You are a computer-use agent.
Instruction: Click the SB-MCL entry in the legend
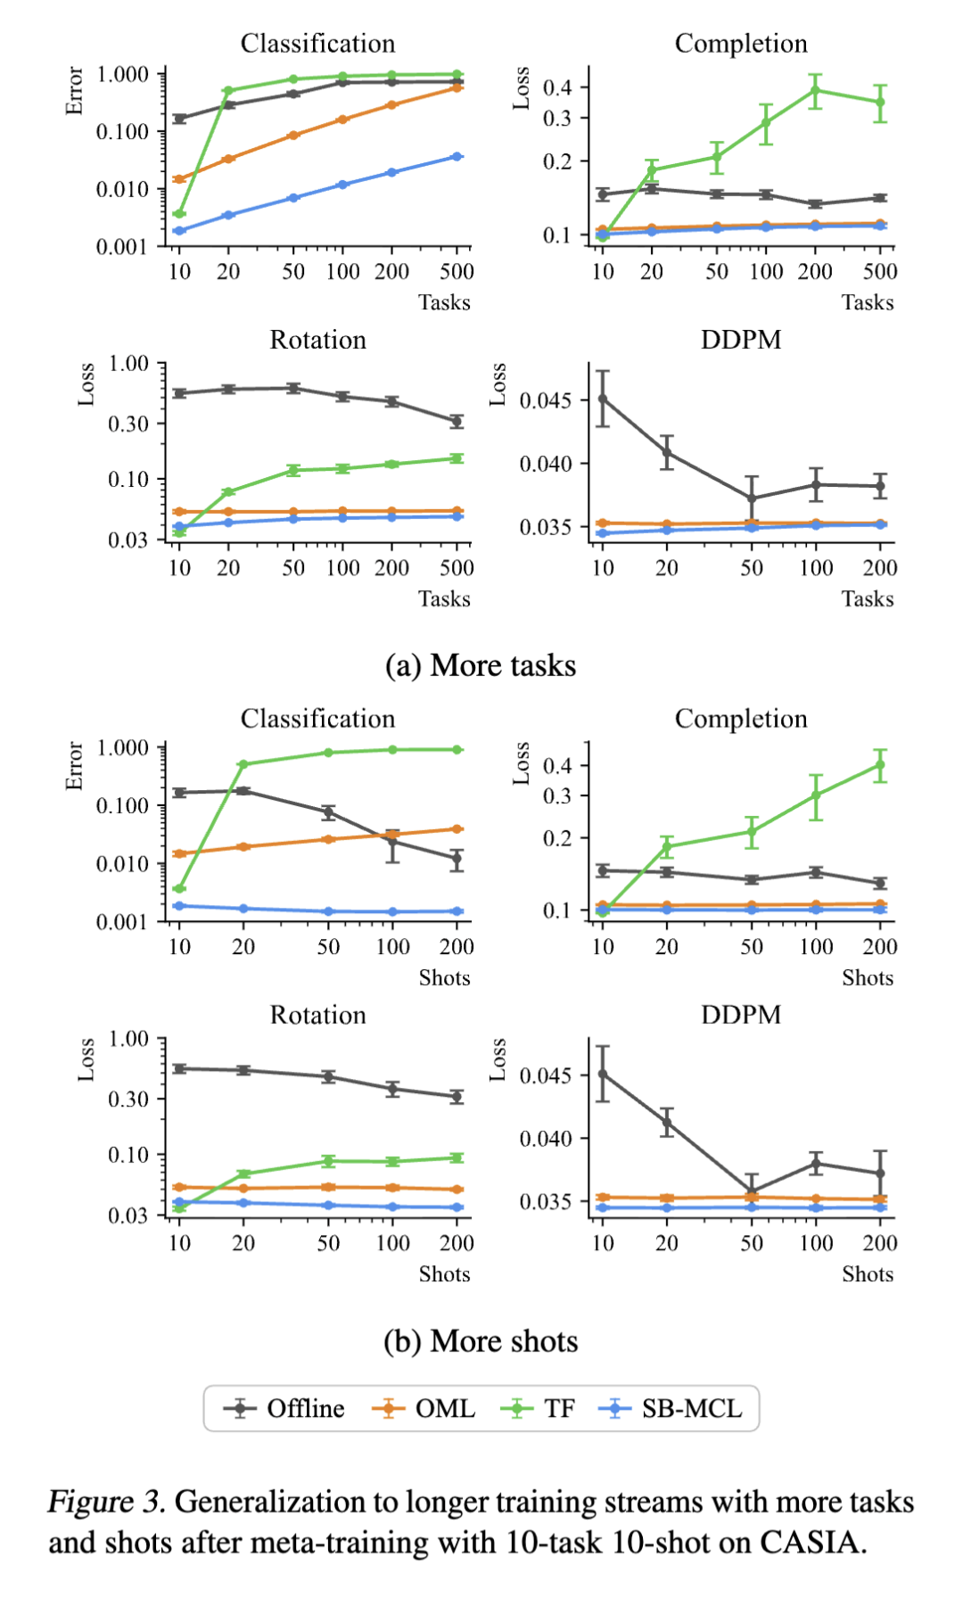point(691,1409)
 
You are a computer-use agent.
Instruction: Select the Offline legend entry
point(305,1409)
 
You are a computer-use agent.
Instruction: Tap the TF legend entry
point(559,1409)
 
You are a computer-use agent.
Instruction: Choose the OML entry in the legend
point(444,1409)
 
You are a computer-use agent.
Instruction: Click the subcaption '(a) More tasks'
point(481,666)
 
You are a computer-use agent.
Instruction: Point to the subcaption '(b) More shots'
point(481,1341)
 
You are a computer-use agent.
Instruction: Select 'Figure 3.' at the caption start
point(106,1503)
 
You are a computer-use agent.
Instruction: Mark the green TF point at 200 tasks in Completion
point(815,90)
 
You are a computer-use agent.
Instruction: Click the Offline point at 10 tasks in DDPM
point(603,399)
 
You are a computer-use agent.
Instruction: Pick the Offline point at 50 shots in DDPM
point(752,1192)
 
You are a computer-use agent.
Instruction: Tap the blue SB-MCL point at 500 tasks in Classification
point(457,157)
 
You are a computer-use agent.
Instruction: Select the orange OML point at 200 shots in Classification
point(457,829)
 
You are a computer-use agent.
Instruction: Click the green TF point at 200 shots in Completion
point(880,765)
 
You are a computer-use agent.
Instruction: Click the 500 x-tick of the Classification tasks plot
point(457,272)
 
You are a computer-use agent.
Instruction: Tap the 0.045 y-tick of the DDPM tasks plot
point(546,400)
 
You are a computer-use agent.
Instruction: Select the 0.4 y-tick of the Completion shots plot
point(557,765)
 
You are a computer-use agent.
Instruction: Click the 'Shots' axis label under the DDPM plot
point(867,1274)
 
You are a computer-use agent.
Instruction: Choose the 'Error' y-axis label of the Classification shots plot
point(75,766)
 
